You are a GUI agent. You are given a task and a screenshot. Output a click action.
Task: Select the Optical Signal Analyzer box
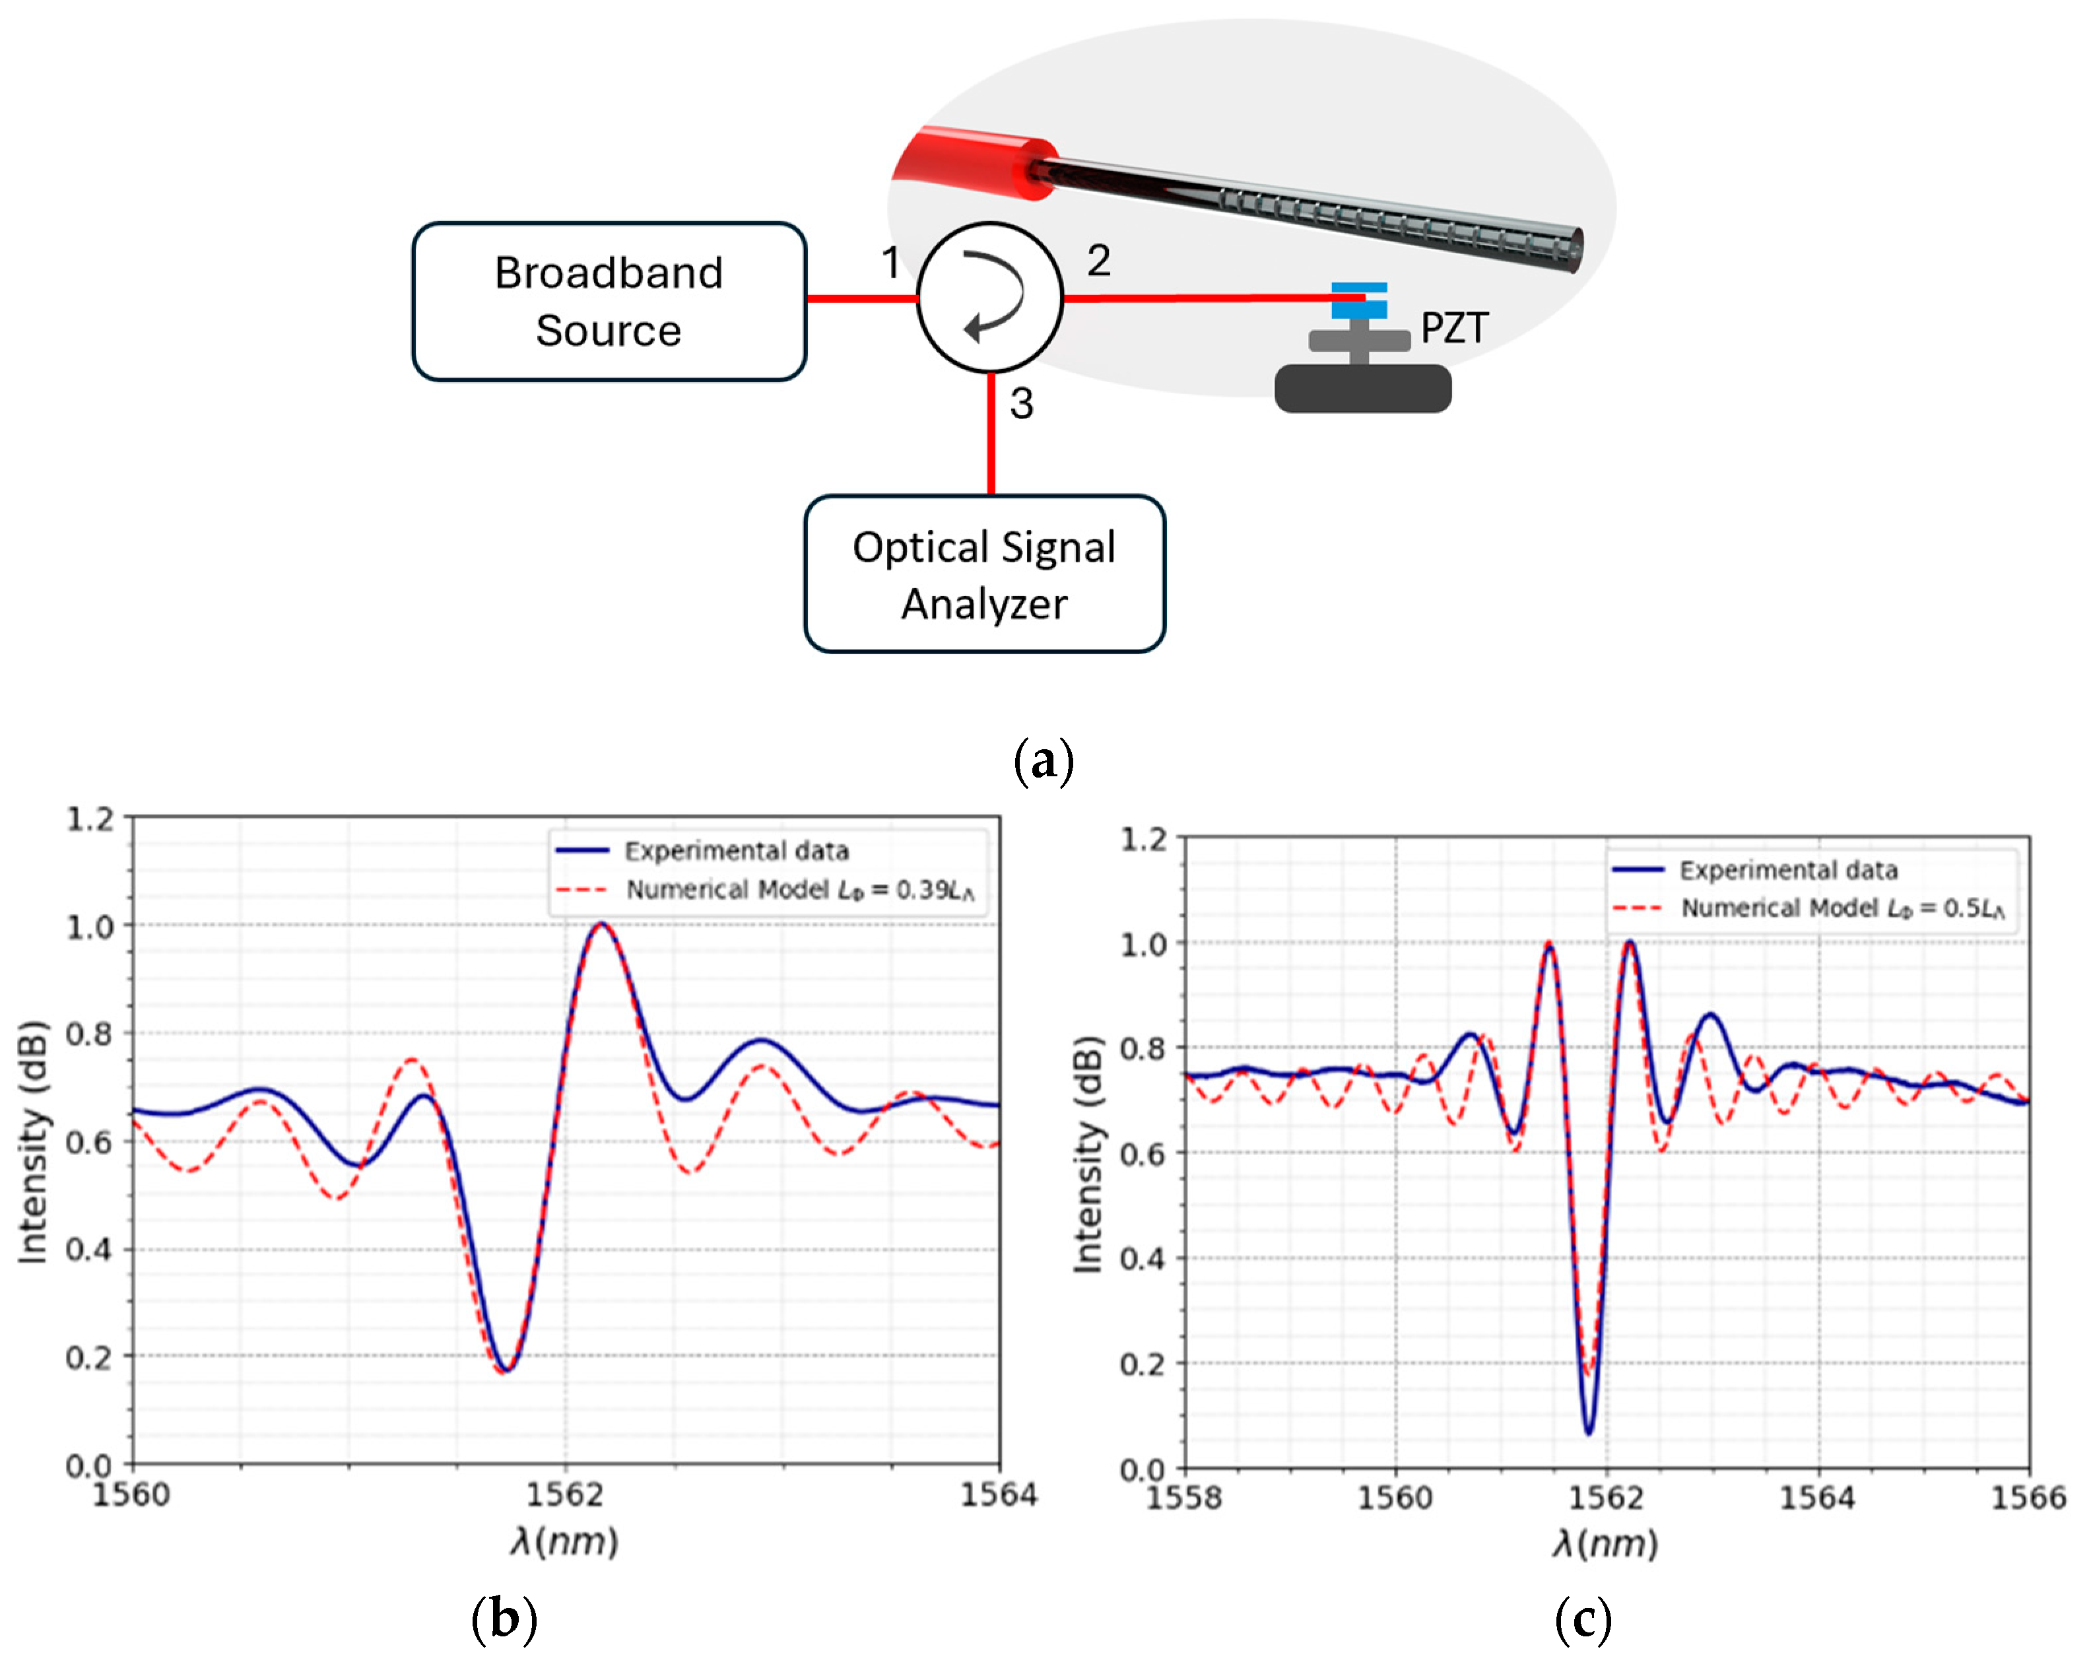point(983,574)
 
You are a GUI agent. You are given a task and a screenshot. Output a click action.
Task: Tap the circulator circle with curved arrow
point(990,297)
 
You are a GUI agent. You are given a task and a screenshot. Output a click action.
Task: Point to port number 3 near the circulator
point(1021,403)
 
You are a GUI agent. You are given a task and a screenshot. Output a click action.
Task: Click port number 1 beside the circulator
point(890,262)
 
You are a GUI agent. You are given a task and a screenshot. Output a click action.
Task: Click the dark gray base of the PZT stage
point(1362,388)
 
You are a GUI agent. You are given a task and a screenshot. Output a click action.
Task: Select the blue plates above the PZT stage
point(1359,300)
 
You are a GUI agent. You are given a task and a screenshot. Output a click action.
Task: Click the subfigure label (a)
point(1044,760)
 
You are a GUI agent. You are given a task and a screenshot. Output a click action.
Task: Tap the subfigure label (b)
point(504,1620)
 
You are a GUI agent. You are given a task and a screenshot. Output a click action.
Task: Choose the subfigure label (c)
point(1582,1620)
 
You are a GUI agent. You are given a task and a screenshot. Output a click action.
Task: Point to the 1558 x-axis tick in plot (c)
point(1184,1498)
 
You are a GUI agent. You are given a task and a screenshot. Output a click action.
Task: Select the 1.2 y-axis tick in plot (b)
point(90,820)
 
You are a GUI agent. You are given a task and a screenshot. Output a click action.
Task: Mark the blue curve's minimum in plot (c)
point(1589,1432)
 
